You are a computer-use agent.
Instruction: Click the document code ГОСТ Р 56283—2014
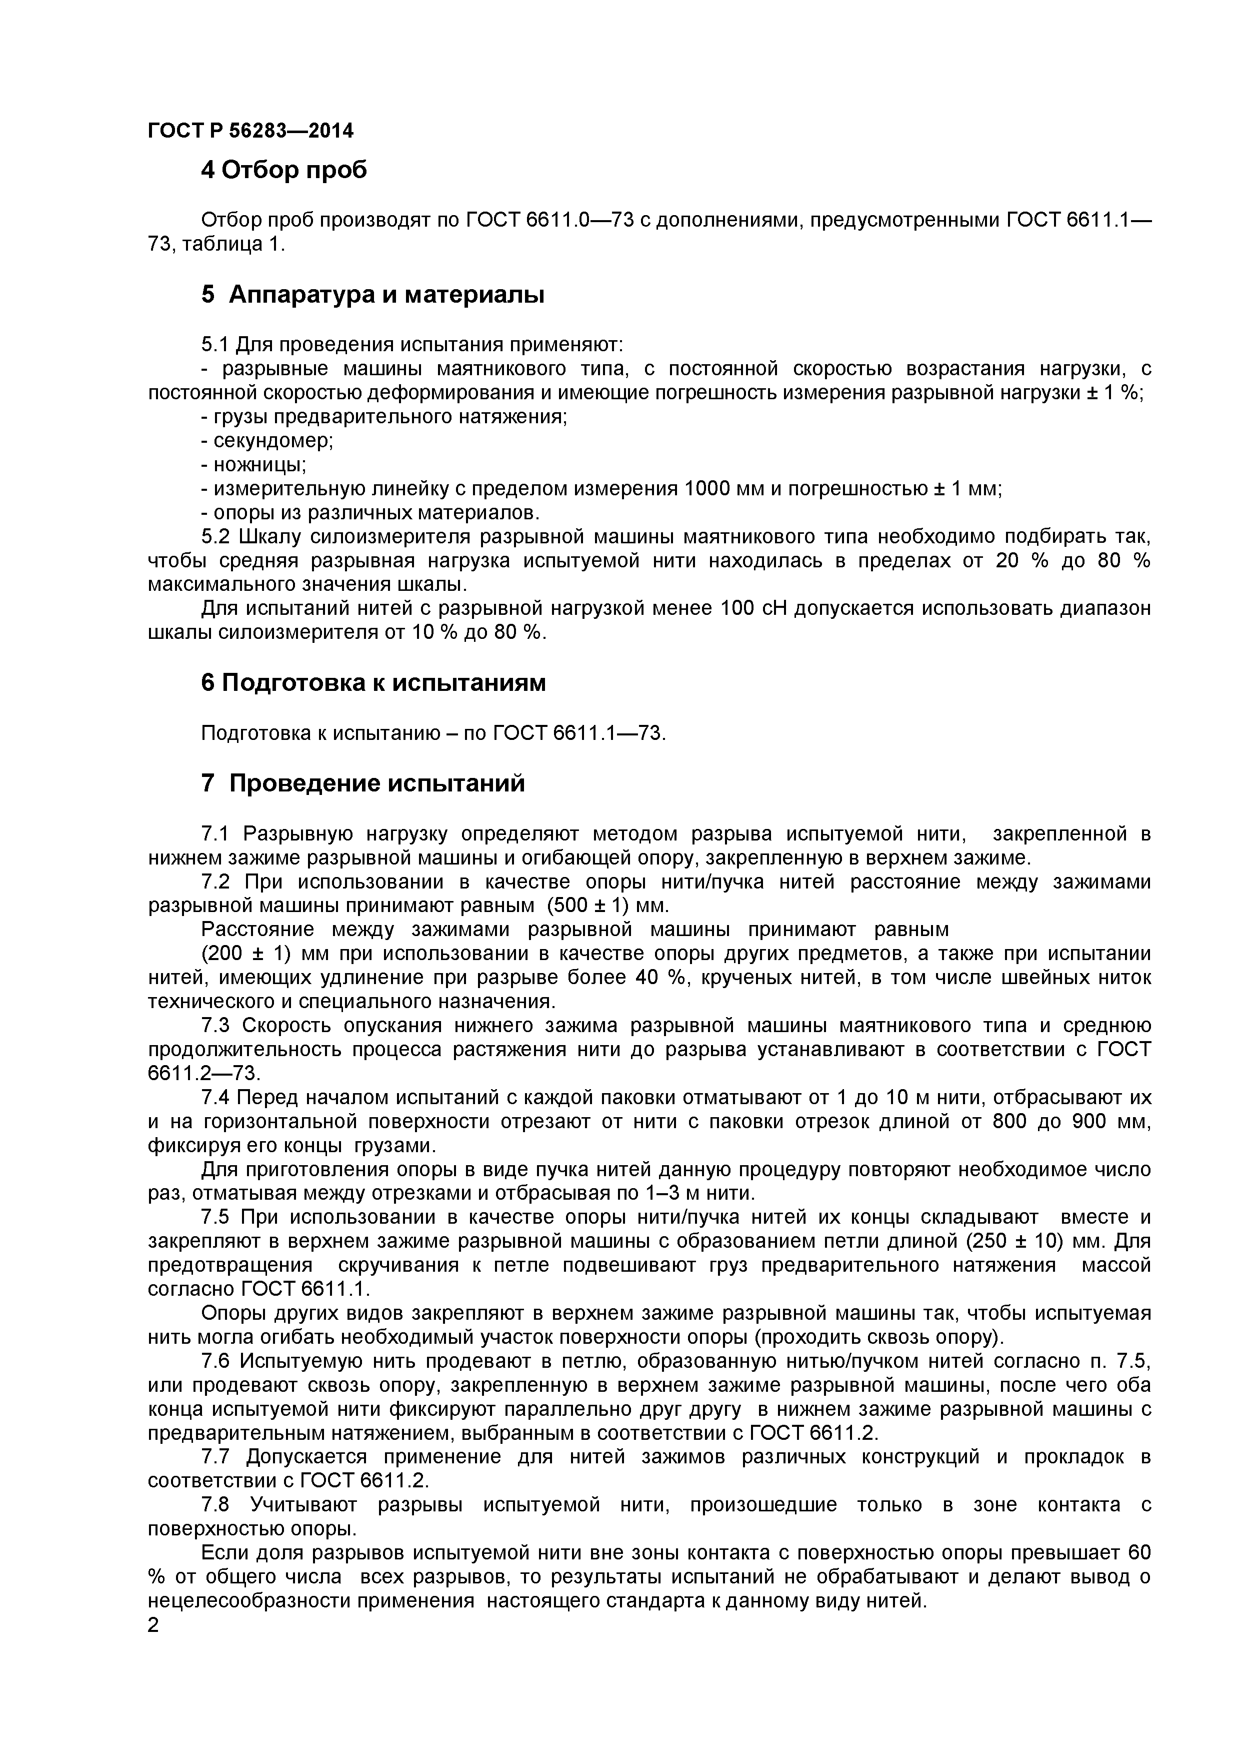pyautogui.click(x=250, y=131)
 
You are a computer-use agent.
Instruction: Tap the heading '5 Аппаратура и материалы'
pyautogui.click(x=373, y=294)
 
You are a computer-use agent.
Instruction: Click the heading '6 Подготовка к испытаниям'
pyautogui.click(x=373, y=682)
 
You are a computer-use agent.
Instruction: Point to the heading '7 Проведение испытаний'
pyautogui.click(x=363, y=783)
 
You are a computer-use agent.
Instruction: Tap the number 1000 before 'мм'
pyautogui.click(x=707, y=488)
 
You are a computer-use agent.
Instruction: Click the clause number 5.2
pyautogui.click(x=216, y=537)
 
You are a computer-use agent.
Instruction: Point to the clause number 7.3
pyautogui.click(x=216, y=1025)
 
